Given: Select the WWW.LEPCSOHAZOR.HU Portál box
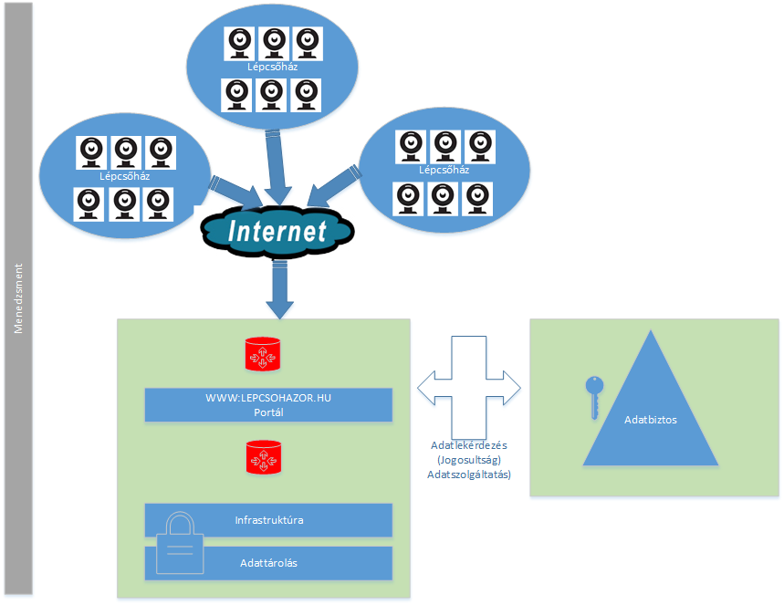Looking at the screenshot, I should click(268, 405).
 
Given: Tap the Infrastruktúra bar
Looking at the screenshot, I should click(268, 520).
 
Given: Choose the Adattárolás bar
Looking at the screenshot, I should click(268, 563).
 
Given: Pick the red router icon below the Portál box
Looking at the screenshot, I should click(261, 457).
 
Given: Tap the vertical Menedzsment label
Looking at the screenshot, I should click(17, 298).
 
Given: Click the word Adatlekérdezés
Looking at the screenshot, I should click(468, 446).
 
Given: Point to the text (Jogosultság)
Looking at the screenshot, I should click(468, 461).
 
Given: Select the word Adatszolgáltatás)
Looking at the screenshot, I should click(468, 475).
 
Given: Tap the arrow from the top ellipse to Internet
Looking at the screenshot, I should click(275, 164).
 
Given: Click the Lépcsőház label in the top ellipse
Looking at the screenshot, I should click(272, 67).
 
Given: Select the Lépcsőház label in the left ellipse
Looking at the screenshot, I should click(125, 176).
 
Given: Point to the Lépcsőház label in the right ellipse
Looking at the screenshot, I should click(444, 170).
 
